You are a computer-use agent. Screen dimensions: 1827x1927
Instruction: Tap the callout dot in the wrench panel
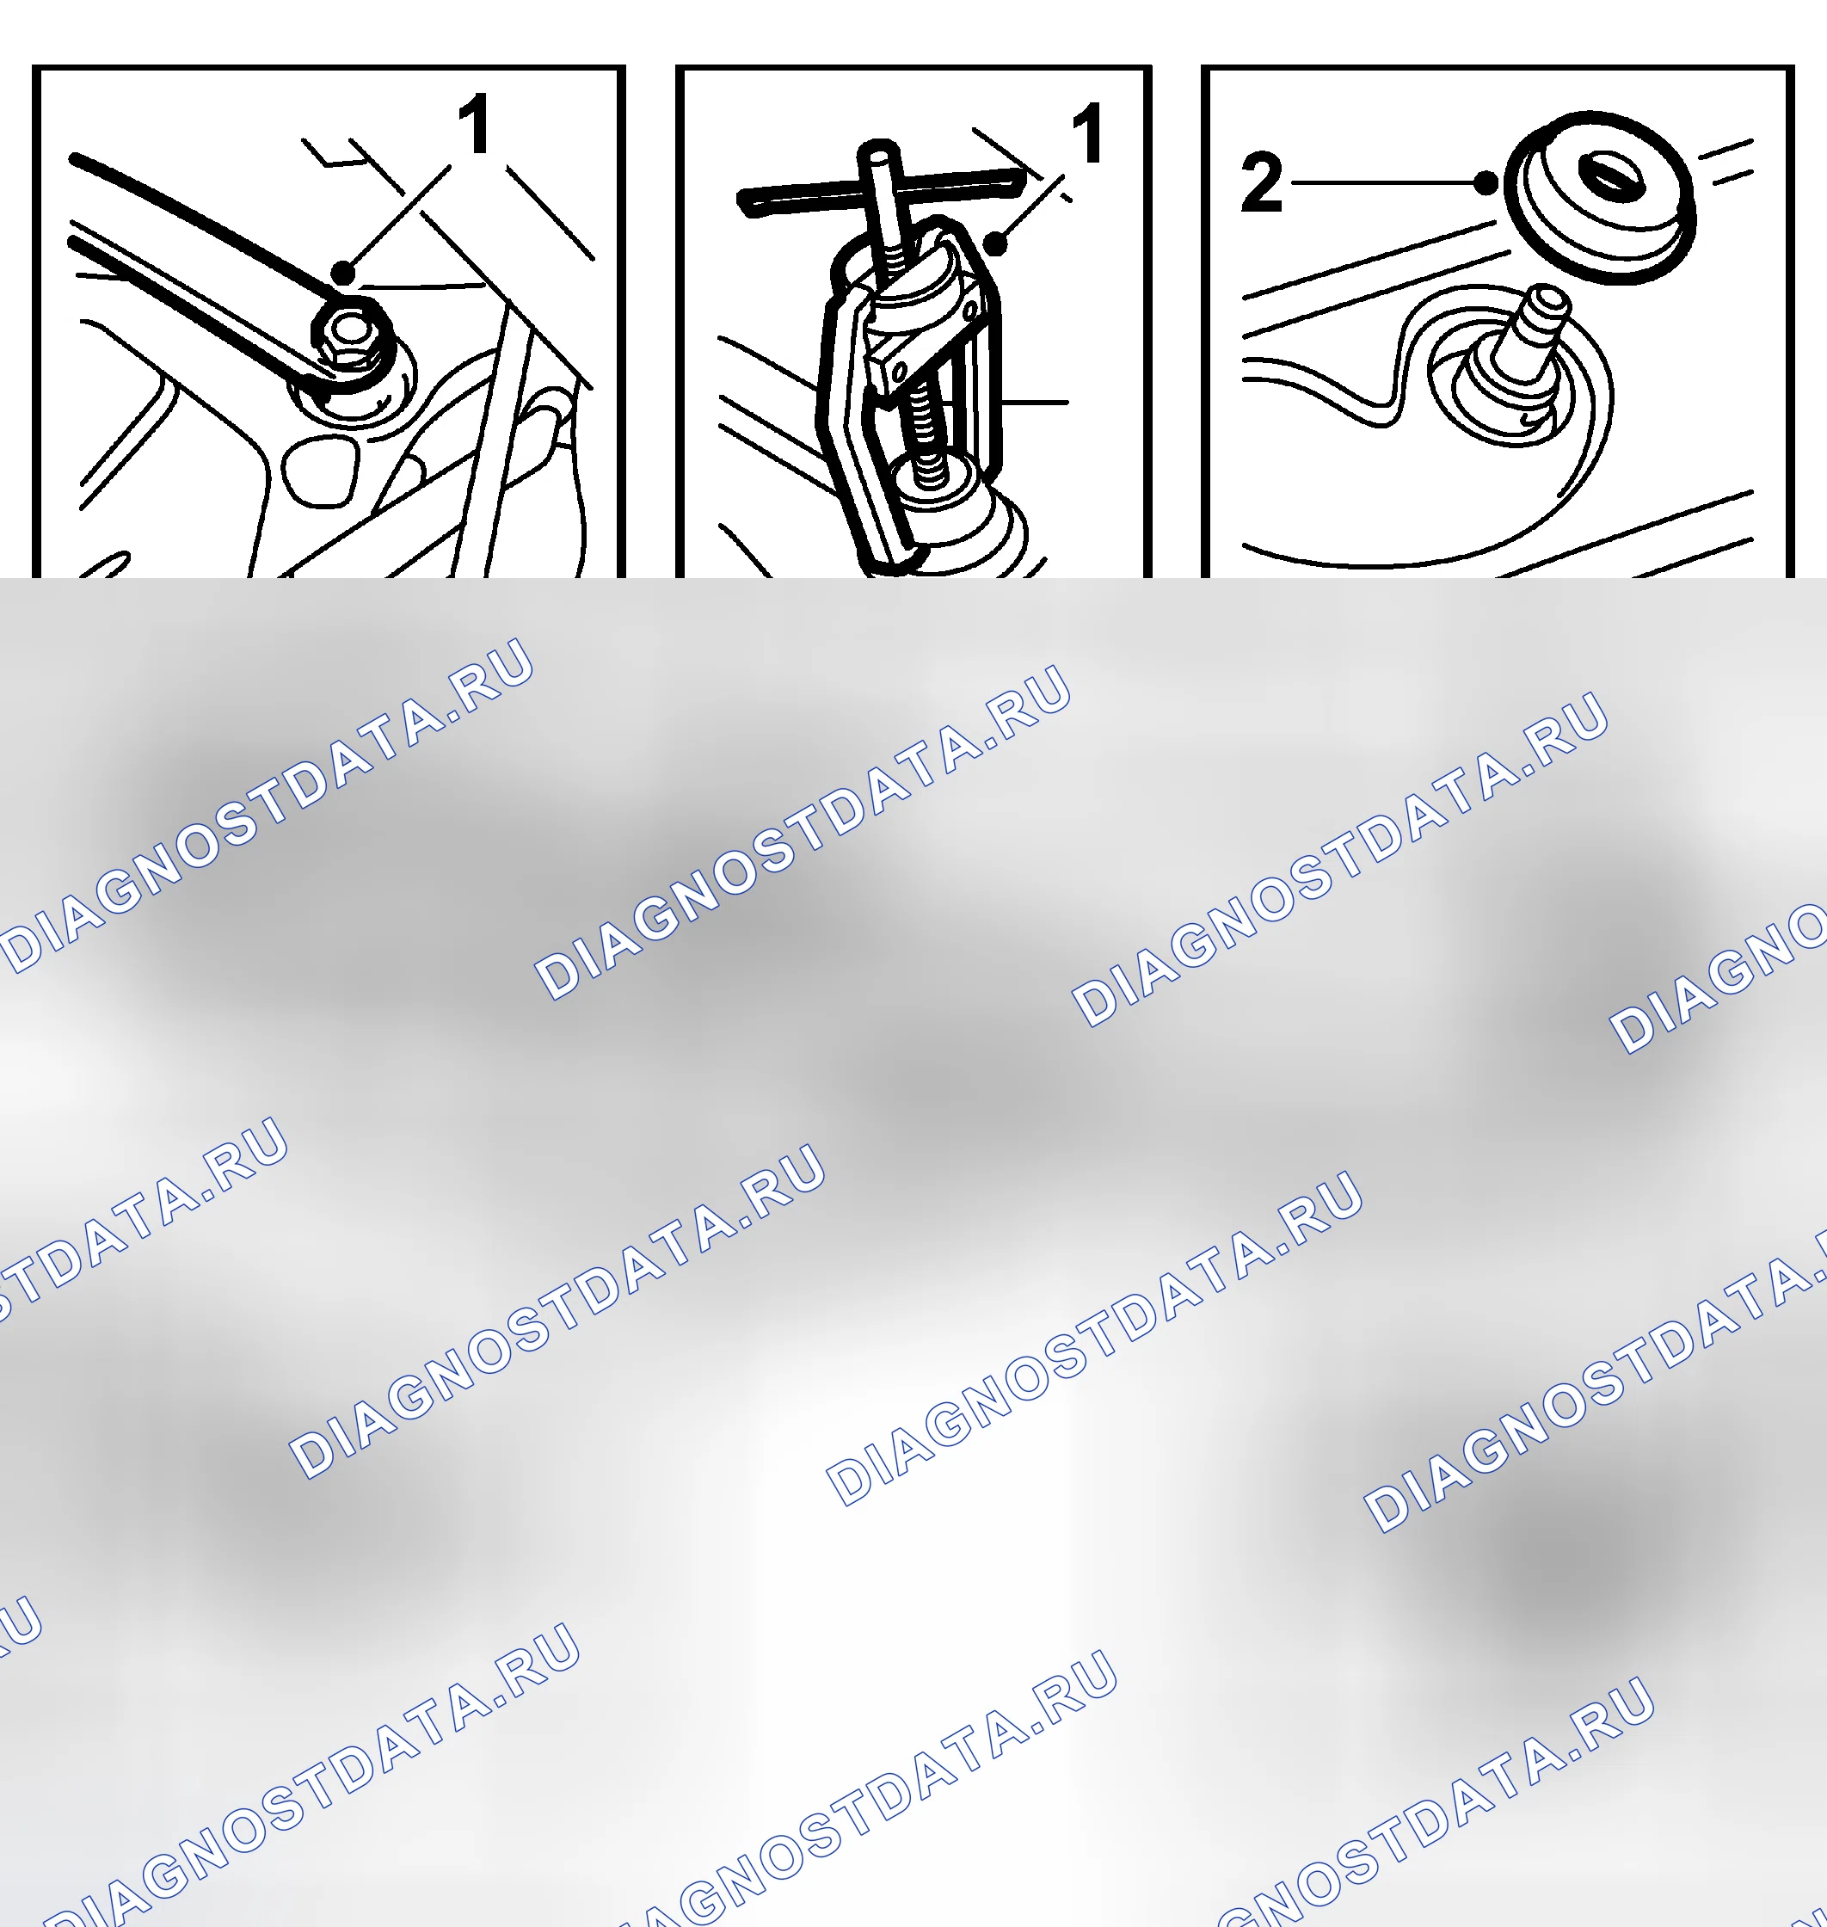(x=343, y=272)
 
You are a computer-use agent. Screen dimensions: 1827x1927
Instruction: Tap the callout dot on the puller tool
(x=995, y=243)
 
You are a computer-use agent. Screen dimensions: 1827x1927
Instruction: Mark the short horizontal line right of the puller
(x=1034, y=402)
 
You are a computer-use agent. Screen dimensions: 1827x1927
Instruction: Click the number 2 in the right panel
(x=1261, y=182)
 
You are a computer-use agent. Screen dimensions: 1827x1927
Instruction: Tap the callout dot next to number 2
(x=1486, y=182)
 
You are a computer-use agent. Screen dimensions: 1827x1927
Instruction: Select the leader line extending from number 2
(x=1383, y=182)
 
